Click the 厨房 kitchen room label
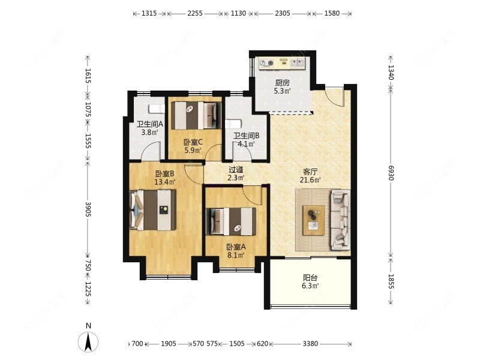coord(282,83)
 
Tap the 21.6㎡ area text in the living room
coord(310,180)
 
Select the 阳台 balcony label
coord(310,278)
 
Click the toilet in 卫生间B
coord(233,124)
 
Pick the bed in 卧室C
coord(196,115)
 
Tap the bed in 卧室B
coord(153,210)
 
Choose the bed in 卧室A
coord(231,221)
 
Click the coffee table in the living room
coord(313,220)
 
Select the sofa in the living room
coord(340,220)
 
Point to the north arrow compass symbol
coord(88,341)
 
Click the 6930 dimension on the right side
coord(391,173)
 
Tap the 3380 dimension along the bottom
coord(310,344)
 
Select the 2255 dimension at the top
coord(195,13)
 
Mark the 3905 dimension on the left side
coord(88,209)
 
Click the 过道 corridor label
coord(236,169)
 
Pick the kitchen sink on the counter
coord(297,63)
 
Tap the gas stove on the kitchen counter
coord(266,64)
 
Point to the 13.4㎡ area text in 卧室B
coord(164,182)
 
